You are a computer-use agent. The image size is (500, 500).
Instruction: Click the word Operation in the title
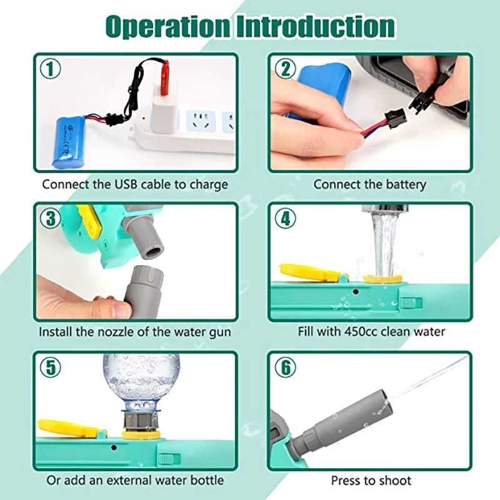pyautogui.click(x=167, y=26)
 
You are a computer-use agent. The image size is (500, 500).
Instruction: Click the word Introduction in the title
pyautogui.click(x=316, y=26)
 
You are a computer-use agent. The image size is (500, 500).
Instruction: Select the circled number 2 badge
pyautogui.click(x=286, y=68)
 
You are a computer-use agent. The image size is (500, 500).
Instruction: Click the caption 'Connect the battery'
pyautogui.click(x=369, y=184)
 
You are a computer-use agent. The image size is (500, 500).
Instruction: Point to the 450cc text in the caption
pyautogui.click(x=362, y=332)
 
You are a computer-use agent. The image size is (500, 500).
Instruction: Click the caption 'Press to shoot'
pyautogui.click(x=371, y=481)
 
